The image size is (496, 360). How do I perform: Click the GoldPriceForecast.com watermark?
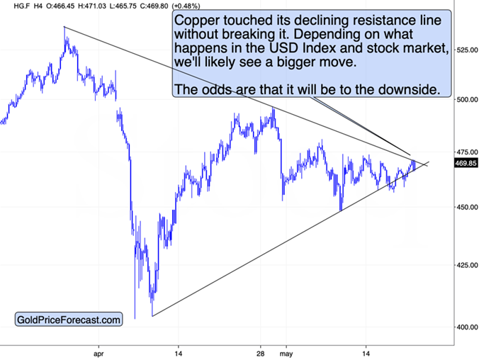coord(68,320)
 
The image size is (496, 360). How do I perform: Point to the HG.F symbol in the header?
coord(12,6)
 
